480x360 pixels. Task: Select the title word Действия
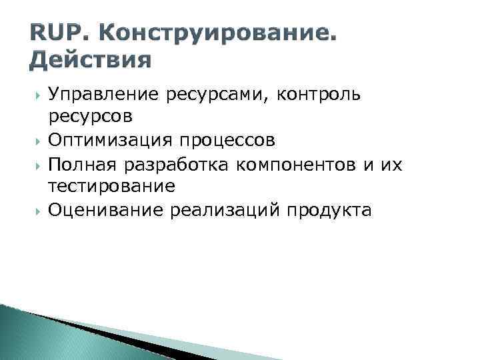coord(91,61)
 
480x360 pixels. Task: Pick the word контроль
coord(320,95)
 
